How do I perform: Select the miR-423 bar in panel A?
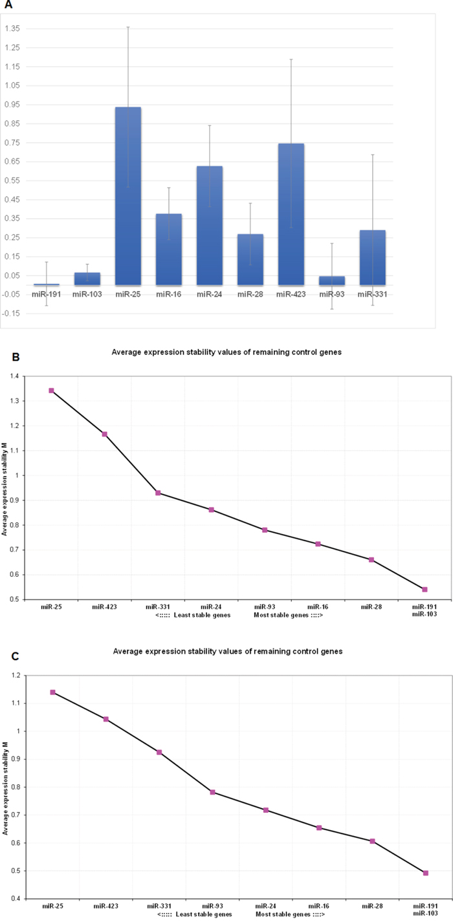click(x=291, y=214)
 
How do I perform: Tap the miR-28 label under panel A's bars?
click(x=250, y=295)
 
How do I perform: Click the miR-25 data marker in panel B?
click(x=51, y=391)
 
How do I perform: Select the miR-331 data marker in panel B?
click(x=158, y=493)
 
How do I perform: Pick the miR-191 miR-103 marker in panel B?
click(x=425, y=589)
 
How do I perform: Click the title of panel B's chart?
click(x=226, y=352)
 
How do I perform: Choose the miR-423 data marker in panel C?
click(x=105, y=719)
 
